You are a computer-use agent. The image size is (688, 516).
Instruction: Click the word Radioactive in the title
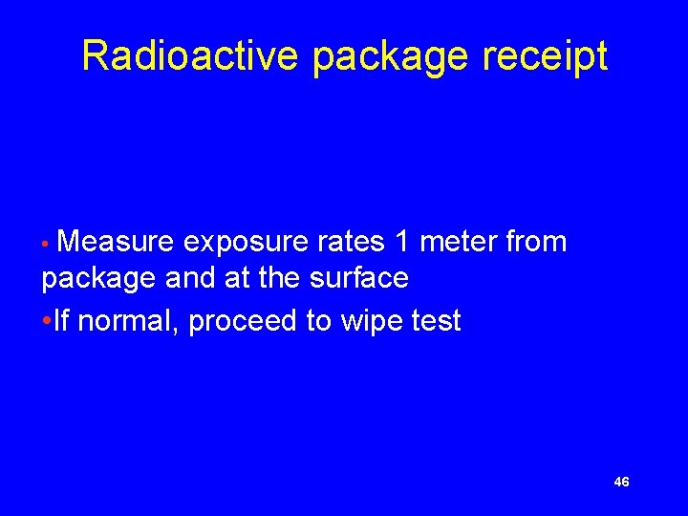[x=190, y=55]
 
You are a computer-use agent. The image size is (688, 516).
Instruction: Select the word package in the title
[x=391, y=57]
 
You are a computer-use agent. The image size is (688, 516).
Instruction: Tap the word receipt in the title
[x=545, y=57]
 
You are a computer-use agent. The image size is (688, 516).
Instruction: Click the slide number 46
[x=621, y=483]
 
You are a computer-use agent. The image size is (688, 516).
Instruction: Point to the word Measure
[x=116, y=243]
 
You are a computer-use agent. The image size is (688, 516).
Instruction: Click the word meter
[x=458, y=243]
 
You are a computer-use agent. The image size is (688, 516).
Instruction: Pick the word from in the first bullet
[x=536, y=243]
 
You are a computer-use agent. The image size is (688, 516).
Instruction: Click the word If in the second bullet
[x=61, y=321]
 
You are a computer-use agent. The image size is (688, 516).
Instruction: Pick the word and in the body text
[x=191, y=278]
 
